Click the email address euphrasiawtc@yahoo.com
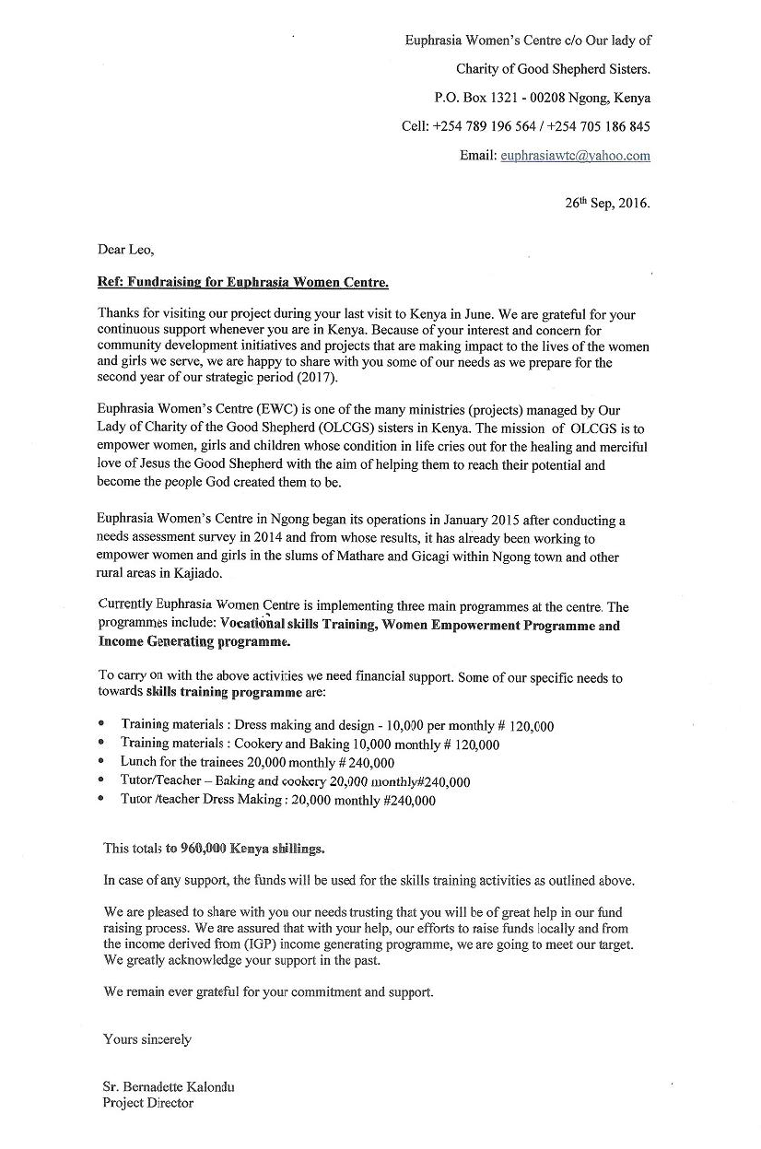[x=575, y=156]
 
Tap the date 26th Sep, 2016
[x=607, y=205]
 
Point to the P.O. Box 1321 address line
[x=542, y=98]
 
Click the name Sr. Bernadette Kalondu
[x=169, y=1087]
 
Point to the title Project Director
[x=148, y=1103]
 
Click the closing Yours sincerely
[x=147, y=1039]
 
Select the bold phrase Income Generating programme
[x=193, y=642]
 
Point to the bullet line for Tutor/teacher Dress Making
[x=277, y=801]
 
